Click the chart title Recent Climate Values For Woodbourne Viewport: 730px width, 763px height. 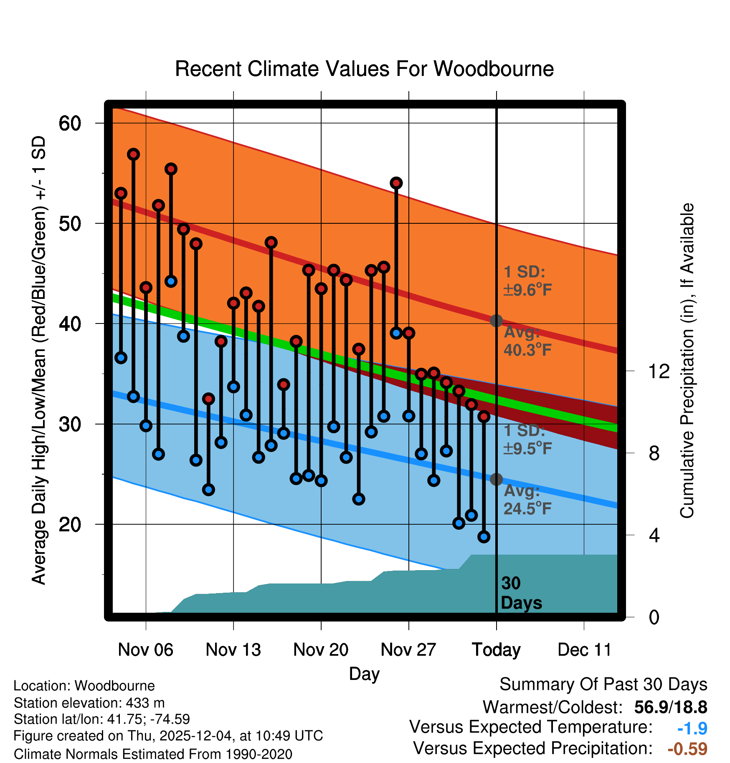(364, 69)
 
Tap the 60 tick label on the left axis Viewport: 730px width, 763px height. (70, 123)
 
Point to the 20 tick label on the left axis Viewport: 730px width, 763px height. (70, 524)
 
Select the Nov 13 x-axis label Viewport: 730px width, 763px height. (233, 650)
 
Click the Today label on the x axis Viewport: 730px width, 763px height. (496, 650)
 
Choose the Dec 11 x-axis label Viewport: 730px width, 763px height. (584, 650)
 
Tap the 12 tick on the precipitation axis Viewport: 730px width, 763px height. (659, 371)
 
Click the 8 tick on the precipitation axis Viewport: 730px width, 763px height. (654, 453)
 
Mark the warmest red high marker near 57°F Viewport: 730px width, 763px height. (133, 154)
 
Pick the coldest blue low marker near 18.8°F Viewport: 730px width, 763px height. (484, 537)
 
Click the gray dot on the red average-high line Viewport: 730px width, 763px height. (496, 321)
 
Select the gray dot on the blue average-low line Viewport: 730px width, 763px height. (496, 479)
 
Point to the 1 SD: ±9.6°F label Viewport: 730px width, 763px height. (527, 281)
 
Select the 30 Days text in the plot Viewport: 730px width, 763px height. (520, 593)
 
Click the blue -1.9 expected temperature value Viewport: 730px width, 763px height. (692, 729)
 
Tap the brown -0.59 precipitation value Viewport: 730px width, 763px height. (687, 749)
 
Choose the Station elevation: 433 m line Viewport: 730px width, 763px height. (89, 703)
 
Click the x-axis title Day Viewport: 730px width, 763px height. (364, 674)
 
